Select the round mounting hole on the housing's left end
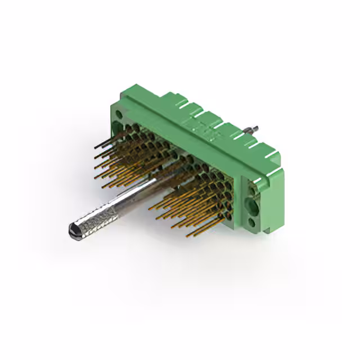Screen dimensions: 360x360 click(120, 116)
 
